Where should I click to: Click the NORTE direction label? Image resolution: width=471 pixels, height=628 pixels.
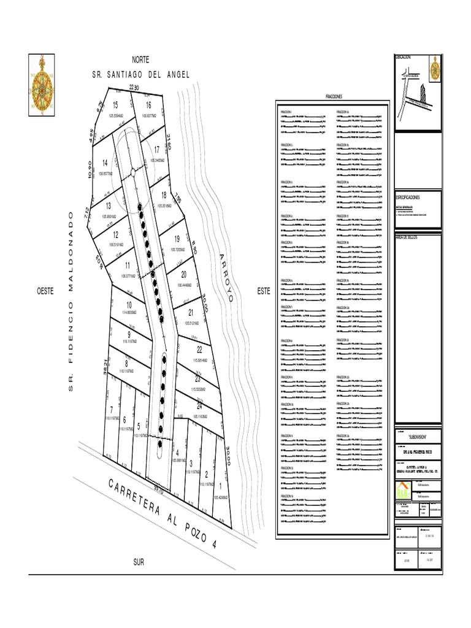tap(141, 59)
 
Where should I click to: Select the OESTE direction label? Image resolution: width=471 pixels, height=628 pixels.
tap(47, 292)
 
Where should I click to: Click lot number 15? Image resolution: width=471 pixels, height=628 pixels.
tap(115, 105)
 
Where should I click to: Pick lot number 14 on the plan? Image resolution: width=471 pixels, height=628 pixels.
tap(105, 163)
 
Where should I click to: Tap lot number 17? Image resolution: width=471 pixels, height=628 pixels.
tap(157, 149)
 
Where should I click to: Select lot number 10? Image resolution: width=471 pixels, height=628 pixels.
tap(129, 305)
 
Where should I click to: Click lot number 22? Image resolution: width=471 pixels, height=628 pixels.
tap(199, 349)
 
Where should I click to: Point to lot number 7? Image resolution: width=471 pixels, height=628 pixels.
tap(111, 409)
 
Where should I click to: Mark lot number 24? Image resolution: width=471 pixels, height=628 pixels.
tap(199, 406)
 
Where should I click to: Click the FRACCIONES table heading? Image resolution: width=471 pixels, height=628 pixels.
tap(333, 97)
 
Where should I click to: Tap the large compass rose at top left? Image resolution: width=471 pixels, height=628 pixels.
tap(44, 85)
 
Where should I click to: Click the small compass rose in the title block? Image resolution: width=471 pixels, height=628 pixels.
tap(434, 67)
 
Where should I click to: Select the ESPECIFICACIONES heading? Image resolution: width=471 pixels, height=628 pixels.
tap(408, 197)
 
